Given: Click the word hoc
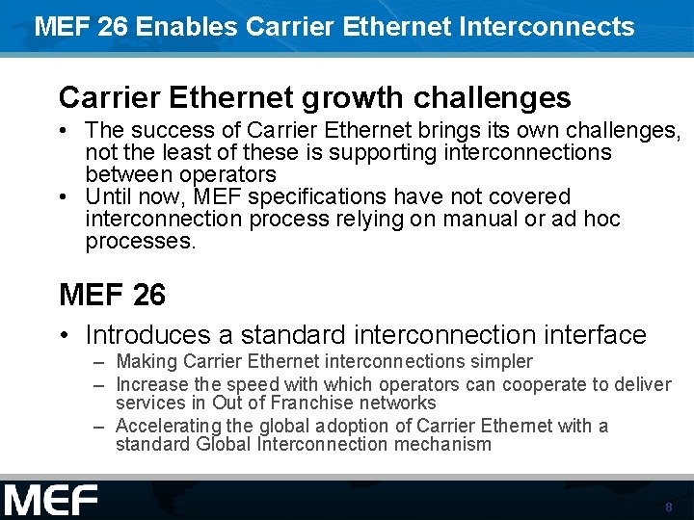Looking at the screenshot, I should point(601,220).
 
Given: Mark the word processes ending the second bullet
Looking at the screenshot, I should point(140,242).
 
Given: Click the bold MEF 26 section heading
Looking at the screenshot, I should point(112,295).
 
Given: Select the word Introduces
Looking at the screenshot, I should point(147,335).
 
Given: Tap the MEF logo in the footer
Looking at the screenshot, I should point(50,501).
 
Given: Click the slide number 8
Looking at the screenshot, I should point(668,507).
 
